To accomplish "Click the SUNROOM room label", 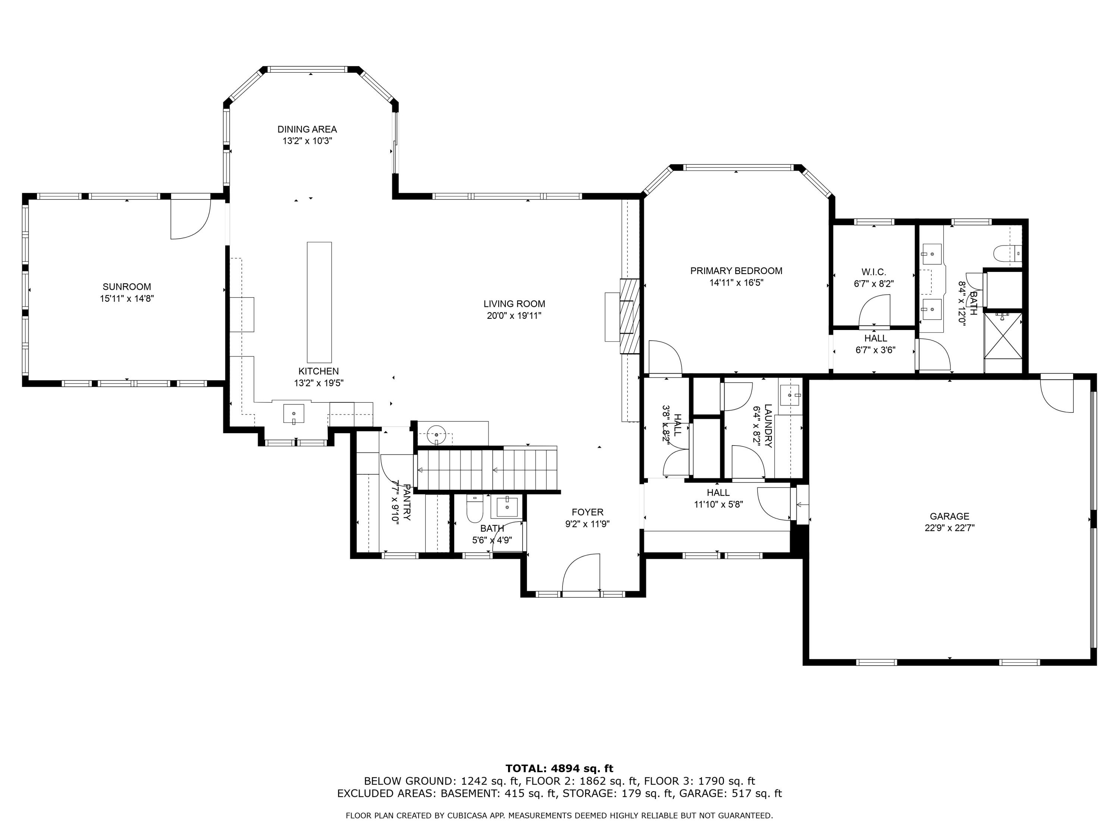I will pyautogui.click(x=126, y=287).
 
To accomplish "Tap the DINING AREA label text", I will pyautogui.click(x=307, y=129).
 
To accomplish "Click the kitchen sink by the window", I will pyautogui.click(x=294, y=414).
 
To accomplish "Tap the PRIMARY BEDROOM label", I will pyautogui.click(x=736, y=271).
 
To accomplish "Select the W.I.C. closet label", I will pyautogui.click(x=874, y=272).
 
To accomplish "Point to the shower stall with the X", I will pyautogui.click(x=1003, y=336).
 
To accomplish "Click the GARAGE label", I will pyautogui.click(x=949, y=516).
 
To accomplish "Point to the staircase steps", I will pyautogui.click(x=486, y=469).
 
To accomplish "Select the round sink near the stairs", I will pyautogui.click(x=436, y=434).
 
